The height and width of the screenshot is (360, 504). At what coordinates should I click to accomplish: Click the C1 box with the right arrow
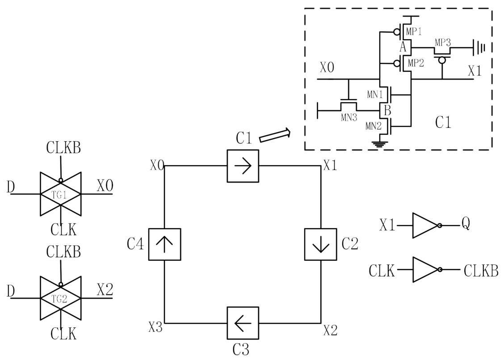coord(243,166)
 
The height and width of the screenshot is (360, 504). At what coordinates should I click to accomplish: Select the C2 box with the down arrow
coord(320,244)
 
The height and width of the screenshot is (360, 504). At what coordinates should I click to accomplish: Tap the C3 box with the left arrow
coord(243,322)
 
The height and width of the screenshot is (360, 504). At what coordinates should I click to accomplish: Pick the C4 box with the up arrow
coord(164,244)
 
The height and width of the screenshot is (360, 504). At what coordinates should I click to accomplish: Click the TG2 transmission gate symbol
coord(60,298)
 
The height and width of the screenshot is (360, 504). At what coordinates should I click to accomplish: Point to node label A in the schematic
coord(403,46)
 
